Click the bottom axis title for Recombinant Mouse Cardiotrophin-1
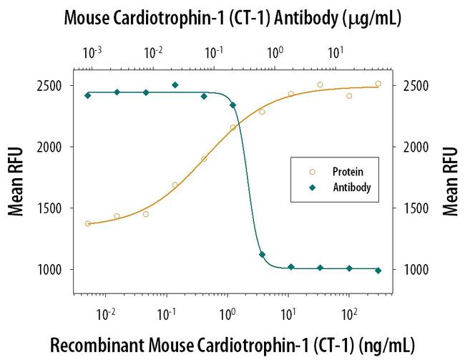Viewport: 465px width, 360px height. (x=232, y=344)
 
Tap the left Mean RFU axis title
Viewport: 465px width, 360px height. (x=15, y=181)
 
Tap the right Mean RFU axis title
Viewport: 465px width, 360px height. (x=450, y=181)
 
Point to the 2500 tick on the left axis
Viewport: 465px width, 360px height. (x=52, y=86)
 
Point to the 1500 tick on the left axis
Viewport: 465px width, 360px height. (x=52, y=208)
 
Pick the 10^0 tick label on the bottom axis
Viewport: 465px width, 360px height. (x=229, y=313)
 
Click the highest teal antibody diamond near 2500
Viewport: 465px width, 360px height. (x=175, y=85)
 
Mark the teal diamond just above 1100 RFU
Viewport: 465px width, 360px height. (x=262, y=255)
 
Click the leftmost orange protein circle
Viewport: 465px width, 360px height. (x=88, y=224)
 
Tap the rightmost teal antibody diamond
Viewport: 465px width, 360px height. (x=378, y=271)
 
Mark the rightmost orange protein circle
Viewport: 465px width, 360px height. (x=378, y=84)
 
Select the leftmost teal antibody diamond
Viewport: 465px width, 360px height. (x=88, y=95)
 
